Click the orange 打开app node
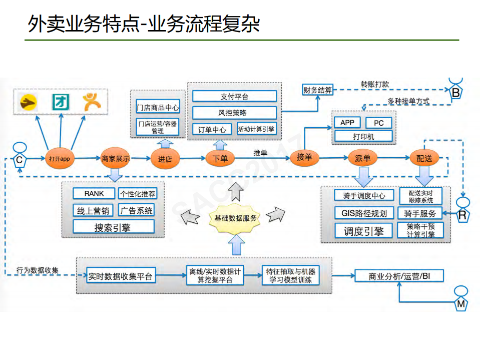(x=60, y=158)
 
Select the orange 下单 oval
(x=220, y=158)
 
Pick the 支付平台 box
(x=234, y=96)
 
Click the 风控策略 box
(x=234, y=113)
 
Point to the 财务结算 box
(x=317, y=90)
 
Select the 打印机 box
(x=363, y=136)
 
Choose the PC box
(x=378, y=123)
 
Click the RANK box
(x=94, y=194)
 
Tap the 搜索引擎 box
(x=113, y=227)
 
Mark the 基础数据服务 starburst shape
(x=236, y=218)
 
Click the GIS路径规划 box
(x=364, y=213)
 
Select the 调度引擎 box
(x=364, y=231)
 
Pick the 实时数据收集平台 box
(x=120, y=276)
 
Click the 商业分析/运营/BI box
(x=399, y=276)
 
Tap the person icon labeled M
(x=461, y=298)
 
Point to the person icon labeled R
(x=462, y=210)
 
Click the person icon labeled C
(x=19, y=156)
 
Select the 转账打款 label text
(x=374, y=84)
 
